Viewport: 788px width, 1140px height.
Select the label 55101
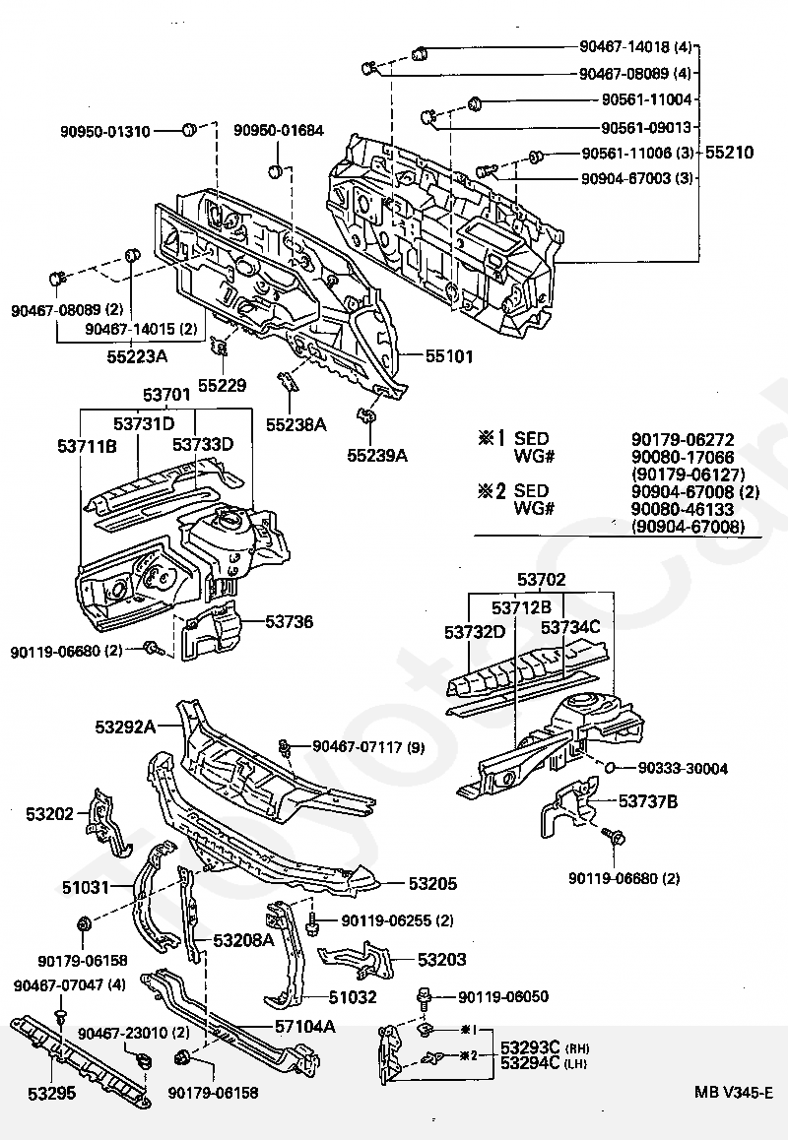(x=449, y=356)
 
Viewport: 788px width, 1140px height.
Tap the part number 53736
(x=289, y=621)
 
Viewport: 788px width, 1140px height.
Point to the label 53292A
(x=125, y=727)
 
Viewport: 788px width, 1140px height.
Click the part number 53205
(x=433, y=884)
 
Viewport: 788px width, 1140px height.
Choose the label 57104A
(x=305, y=1027)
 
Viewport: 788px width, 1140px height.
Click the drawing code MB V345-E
(x=734, y=1092)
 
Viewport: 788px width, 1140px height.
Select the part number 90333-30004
(x=683, y=769)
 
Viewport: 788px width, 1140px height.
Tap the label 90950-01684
(x=279, y=131)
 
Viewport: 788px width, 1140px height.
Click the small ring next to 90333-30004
(x=610, y=767)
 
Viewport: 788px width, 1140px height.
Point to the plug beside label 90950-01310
(x=188, y=130)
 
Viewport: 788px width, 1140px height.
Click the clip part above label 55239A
(x=366, y=416)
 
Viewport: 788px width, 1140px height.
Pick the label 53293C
(x=529, y=1047)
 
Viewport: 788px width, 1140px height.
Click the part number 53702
(x=542, y=580)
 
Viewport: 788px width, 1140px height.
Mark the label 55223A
(x=138, y=357)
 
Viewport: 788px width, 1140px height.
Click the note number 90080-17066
(x=683, y=458)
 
